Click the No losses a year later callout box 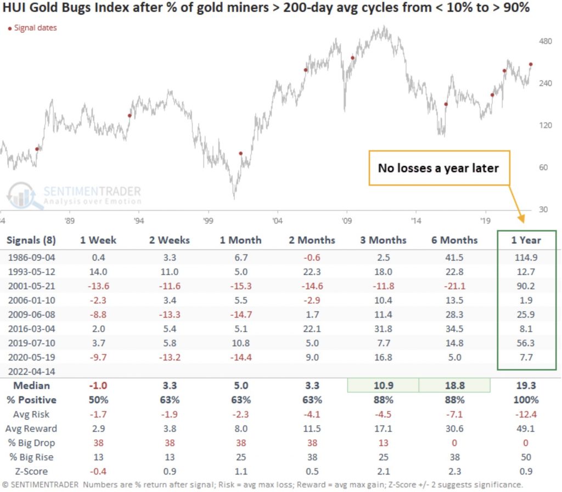(438, 168)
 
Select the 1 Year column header (526, 240)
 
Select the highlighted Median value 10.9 (383, 385)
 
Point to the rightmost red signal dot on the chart (531, 64)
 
